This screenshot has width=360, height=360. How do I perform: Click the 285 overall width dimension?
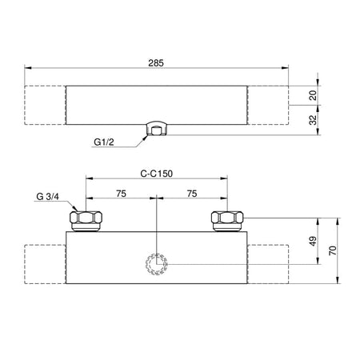pos(156,63)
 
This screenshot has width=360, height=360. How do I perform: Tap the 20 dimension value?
pos(314,95)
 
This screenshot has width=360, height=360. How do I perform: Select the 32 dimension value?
pos(314,120)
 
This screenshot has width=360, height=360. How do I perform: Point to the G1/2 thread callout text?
pos(104,142)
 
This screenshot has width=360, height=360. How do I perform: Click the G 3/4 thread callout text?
pos(48,197)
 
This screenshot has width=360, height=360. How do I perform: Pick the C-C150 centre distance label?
pos(157,174)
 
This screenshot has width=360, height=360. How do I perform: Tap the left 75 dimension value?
pos(121,194)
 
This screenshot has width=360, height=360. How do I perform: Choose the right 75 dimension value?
pos(192,194)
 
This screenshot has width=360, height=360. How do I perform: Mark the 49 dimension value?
pos(314,241)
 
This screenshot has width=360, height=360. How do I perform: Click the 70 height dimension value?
pos(334,250)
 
